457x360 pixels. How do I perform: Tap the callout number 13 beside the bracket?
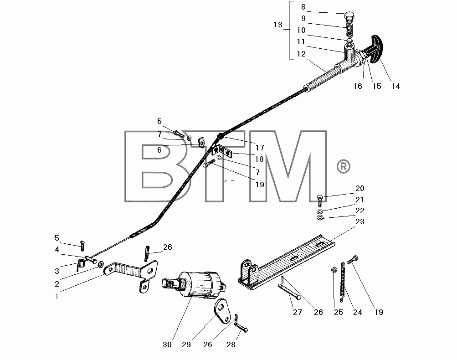pyautogui.click(x=278, y=25)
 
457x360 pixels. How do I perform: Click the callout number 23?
pyautogui.click(x=360, y=221)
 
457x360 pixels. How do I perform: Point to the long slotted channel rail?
pyautogui.click(x=287, y=262)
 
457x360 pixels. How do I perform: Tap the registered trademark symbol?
pyautogui.click(x=344, y=166)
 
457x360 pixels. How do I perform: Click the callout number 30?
pyautogui.click(x=167, y=345)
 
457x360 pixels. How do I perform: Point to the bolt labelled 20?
pyautogui.click(x=320, y=201)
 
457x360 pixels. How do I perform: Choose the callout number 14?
pyautogui.click(x=395, y=86)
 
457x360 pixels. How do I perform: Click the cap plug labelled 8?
pyautogui.click(x=349, y=16)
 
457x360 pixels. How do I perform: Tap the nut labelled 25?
pyautogui.click(x=334, y=270)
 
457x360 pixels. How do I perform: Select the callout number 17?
pyautogui.click(x=259, y=148)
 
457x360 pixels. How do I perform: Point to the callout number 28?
pyautogui.click(x=231, y=345)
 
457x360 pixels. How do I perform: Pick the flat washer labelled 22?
pyautogui.click(x=320, y=217)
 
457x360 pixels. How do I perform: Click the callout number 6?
pyautogui.click(x=159, y=150)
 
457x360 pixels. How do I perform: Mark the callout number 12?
pyautogui.click(x=301, y=54)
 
